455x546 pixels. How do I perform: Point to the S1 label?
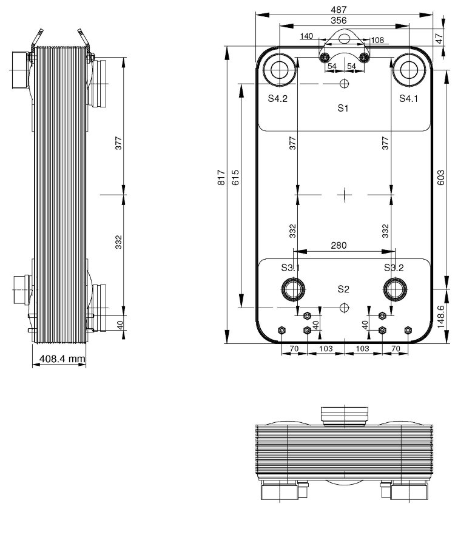[343, 109]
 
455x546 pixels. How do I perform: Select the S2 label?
[343, 288]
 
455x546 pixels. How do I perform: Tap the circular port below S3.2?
[396, 289]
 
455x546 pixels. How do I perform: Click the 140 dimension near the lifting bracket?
[306, 36]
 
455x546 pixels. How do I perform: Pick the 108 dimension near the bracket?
[377, 40]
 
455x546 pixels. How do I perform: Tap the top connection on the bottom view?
[345, 416]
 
